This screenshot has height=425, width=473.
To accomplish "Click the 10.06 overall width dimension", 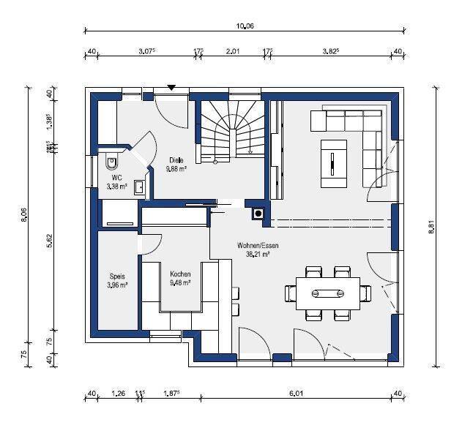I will [x=245, y=26].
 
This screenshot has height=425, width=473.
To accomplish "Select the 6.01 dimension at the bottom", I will [x=296, y=394].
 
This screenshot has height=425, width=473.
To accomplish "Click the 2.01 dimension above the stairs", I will [x=234, y=50].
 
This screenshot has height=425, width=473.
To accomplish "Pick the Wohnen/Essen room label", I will [x=258, y=246].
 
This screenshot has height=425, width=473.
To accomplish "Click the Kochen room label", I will [x=179, y=274].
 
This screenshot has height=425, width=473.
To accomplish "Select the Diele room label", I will [x=176, y=159].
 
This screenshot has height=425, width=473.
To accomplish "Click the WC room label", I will [x=116, y=178].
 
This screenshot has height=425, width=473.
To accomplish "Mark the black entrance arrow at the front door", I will [x=171, y=87].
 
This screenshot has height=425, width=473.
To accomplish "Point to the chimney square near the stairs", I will [x=258, y=214].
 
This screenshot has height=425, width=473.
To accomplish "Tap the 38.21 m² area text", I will [x=258, y=255].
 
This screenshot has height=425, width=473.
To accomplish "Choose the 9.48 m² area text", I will [x=180, y=282].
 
